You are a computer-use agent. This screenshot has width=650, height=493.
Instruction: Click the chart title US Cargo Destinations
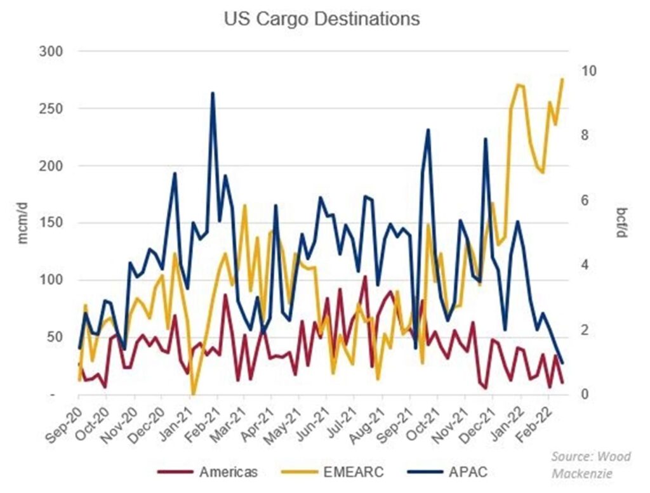tap(322, 19)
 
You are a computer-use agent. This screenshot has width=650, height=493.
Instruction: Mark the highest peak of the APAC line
tap(213, 93)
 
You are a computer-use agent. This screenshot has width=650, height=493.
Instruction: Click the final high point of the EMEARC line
tap(562, 79)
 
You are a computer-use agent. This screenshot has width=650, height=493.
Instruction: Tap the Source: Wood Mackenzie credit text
tap(582, 464)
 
